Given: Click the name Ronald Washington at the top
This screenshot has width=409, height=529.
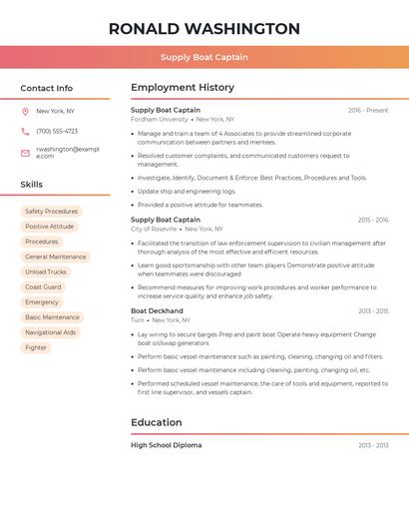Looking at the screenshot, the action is coord(204,29).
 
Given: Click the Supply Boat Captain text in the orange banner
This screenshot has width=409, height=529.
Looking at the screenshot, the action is coord(204,57).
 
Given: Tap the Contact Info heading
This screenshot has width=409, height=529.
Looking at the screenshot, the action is coord(47,88).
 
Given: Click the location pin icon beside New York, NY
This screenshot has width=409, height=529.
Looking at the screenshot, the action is coord(25,112).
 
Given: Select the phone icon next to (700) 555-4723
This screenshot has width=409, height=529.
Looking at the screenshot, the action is coord(25,131).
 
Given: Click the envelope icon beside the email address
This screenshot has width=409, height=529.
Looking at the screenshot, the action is coord(25,153).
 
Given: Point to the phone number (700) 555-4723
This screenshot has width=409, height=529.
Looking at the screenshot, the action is coord(57,131).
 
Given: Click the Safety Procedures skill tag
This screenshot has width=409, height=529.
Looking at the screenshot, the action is coord(51,212).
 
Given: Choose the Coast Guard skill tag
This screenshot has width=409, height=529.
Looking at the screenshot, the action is coord(43,286).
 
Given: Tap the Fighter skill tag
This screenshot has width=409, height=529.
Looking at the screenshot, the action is coord(36,347).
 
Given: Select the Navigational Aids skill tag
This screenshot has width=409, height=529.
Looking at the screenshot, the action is coord(50,332).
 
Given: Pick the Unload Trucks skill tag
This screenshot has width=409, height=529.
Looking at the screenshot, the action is coord(46,271).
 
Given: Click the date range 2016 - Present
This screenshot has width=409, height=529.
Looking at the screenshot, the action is coord(368,110).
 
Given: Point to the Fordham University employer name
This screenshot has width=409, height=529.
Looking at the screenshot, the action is coord(160,119).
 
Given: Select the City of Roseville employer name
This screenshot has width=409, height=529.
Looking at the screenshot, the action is coord(154,229).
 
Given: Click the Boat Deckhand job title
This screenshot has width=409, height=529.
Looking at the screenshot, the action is coord(157,310).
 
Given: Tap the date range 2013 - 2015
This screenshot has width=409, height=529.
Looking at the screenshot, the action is coord(373,310).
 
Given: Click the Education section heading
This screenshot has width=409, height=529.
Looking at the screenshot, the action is coord(157,422).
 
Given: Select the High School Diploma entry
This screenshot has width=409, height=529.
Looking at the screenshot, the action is coord(166,445).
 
